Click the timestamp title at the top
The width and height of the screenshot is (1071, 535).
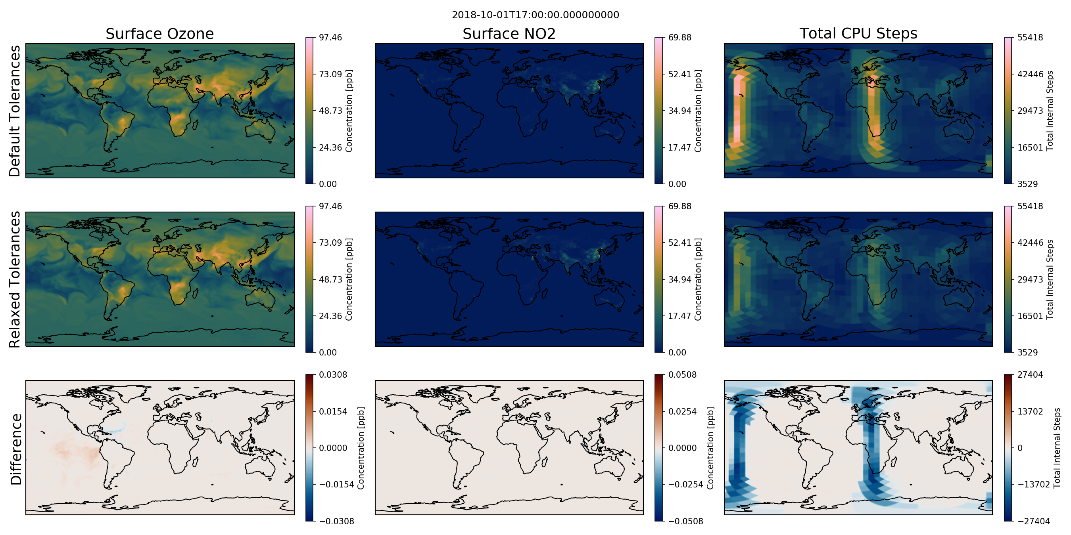tap(535, 15)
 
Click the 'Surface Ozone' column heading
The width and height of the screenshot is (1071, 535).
tap(159, 34)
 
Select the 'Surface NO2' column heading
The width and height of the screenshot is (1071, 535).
tap(509, 34)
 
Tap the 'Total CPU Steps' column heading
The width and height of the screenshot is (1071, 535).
tap(858, 33)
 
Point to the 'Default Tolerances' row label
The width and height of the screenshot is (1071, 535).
tap(15, 111)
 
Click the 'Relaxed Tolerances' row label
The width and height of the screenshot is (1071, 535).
tap(15, 279)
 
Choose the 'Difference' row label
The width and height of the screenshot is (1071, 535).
tap(16, 449)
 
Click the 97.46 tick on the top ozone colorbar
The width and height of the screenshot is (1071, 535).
tap(330, 38)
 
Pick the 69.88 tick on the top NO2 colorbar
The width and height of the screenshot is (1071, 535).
tap(680, 38)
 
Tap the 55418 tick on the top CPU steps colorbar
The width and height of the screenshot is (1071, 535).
tap(1030, 38)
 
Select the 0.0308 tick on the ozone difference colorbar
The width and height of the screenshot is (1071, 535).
tap(333, 375)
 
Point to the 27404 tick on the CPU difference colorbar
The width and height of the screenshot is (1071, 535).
tap(1030, 375)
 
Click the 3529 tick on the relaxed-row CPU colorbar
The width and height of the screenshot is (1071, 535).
tap(1027, 353)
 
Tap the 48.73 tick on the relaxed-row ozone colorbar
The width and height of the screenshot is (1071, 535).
tap(330, 279)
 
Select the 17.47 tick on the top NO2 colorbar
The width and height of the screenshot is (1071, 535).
tap(680, 147)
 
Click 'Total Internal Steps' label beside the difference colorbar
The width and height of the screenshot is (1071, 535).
tap(1057, 448)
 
